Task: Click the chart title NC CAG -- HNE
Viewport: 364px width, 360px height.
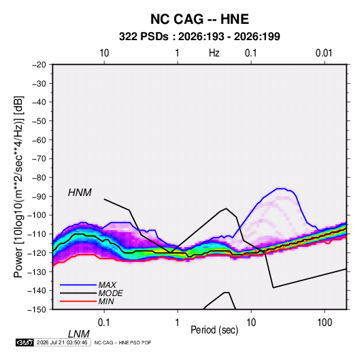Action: click(x=199, y=19)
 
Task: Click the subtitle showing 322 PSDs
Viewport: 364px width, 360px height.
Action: click(x=199, y=37)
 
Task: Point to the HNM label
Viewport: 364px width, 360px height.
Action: click(x=80, y=193)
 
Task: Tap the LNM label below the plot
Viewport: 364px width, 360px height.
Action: click(x=78, y=334)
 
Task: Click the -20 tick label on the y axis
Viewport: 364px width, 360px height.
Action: click(x=39, y=65)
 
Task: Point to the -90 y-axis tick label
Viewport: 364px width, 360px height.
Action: click(x=39, y=197)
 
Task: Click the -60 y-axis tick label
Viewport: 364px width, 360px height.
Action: click(x=39, y=140)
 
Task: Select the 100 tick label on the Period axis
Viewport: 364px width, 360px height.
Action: click(x=325, y=323)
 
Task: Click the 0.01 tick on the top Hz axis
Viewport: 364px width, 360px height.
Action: click(x=324, y=53)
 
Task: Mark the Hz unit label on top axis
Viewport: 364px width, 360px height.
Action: click(x=214, y=53)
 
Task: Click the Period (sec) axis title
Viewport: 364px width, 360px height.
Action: click(x=214, y=330)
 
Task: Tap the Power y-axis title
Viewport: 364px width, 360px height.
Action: click(x=18, y=186)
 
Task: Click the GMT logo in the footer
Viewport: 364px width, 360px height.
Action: click(x=25, y=342)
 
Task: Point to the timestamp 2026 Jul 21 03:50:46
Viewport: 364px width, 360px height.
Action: click(x=62, y=342)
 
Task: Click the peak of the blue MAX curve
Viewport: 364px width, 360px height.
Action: click(x=280, y=189)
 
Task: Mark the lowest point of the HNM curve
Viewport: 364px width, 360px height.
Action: click(x=274, y=288)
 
